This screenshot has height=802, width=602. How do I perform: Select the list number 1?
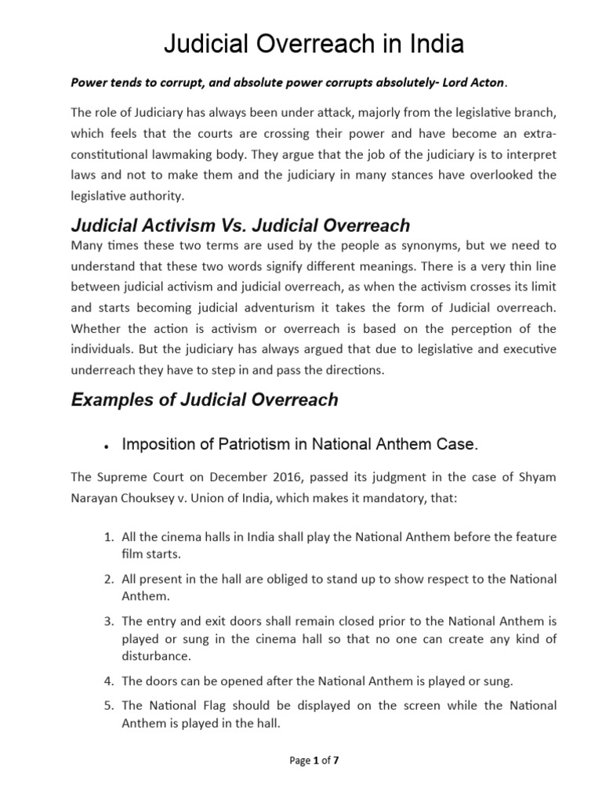tap(110, 538)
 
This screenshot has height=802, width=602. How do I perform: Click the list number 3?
tap(110, 620)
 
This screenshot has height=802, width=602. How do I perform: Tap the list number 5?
tap(110, 706)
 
